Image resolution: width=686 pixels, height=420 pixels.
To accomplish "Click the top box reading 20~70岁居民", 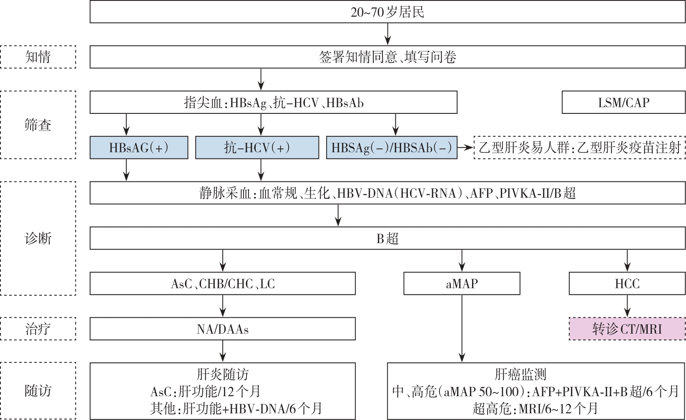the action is point(387,12).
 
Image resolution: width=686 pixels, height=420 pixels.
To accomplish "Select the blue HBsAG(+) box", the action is point(139,148).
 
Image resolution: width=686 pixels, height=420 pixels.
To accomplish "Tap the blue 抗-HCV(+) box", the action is point(257,148).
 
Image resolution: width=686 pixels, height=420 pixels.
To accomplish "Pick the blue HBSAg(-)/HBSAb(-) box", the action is point(392,148).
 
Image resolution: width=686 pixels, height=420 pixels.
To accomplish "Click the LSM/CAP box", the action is point(623,102).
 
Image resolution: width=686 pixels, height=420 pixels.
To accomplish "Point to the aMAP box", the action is point(462,283).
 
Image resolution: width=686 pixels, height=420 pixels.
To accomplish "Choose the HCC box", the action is point(627,283).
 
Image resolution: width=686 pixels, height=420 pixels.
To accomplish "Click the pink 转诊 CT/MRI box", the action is point(627,329).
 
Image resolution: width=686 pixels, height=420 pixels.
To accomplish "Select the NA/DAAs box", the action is point(223,329).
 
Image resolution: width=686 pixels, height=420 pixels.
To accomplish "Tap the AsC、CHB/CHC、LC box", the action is point(223,283).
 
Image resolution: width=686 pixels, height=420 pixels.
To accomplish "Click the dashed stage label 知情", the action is point(38,57).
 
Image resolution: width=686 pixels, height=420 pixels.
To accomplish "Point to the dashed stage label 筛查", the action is point(38,125).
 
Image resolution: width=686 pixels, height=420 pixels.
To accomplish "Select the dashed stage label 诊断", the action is point(38,238).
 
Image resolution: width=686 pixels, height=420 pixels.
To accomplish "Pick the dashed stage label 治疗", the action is point(38,329).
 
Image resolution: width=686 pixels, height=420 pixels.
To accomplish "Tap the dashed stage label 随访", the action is point(38,391).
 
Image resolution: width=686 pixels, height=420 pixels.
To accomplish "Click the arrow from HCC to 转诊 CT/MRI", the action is point(627,306).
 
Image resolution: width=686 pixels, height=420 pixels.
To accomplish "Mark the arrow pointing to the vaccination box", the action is point(465,148).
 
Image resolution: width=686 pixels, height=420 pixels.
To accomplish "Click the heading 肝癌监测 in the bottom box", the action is point(520,374).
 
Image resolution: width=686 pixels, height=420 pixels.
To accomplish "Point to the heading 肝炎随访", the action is point(223,374).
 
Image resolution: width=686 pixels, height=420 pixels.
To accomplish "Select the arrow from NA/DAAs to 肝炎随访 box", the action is point(223,351).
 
